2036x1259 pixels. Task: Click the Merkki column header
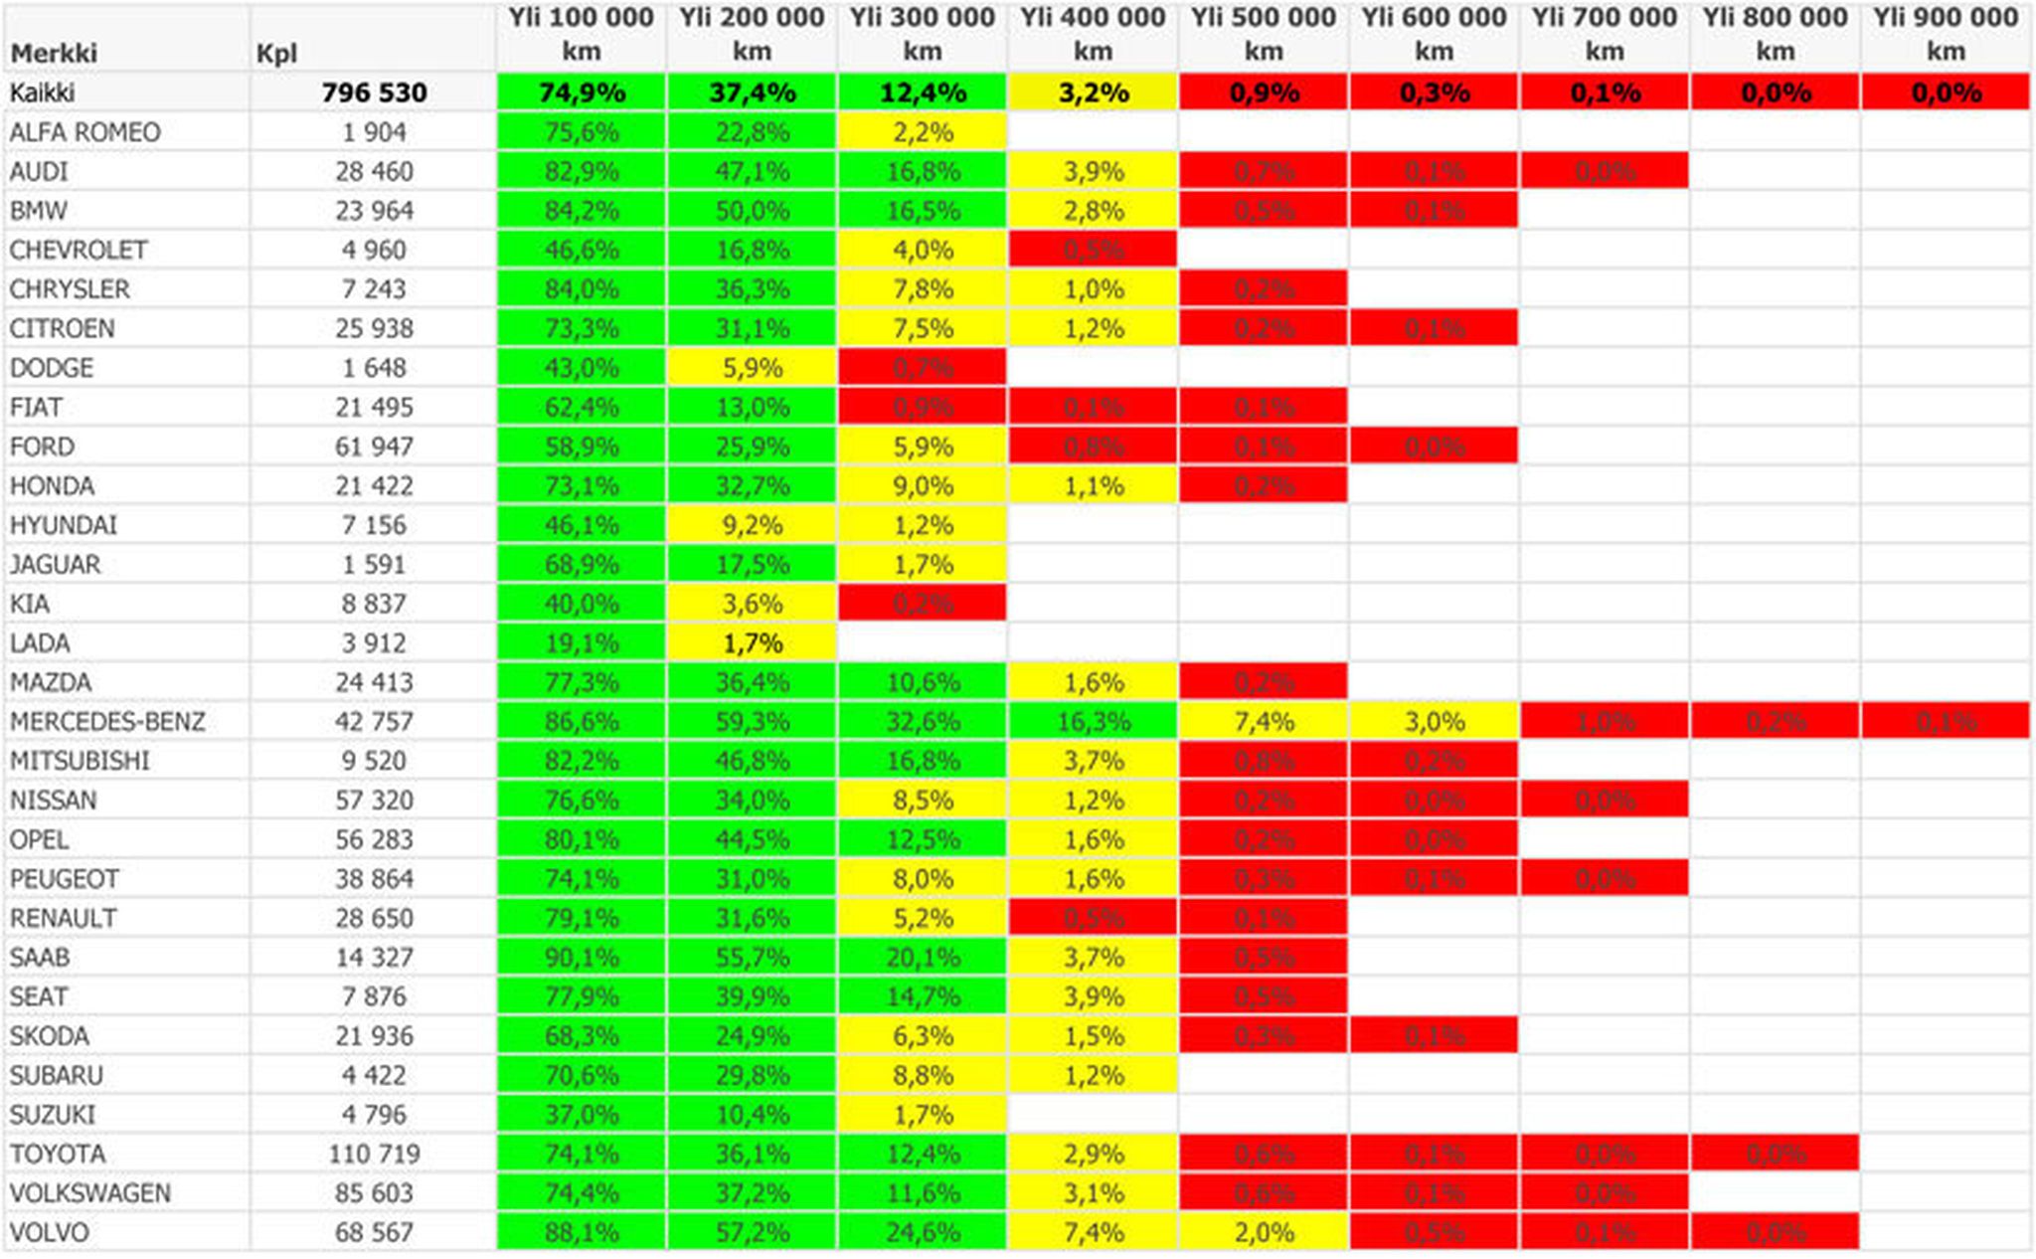tap(54, 53)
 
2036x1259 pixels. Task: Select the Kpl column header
tap(276, 53)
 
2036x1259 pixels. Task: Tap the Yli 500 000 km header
tap(1264, 35)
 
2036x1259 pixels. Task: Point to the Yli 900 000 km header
tap(1946, 35)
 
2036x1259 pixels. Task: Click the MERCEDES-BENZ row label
tap(107, 721)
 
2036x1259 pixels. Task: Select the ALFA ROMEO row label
tap(85, 132)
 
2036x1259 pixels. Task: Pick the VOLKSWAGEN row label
tap(90, 1192)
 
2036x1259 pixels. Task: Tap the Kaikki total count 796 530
tap(374, 92)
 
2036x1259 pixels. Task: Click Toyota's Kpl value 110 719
tap(374, 1154)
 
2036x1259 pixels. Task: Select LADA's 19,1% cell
tap(582, 643)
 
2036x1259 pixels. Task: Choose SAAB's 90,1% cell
tap(582, 958)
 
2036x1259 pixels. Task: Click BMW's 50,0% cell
tap(752, 211)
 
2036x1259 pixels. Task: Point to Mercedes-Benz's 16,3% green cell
tap(1093, 721)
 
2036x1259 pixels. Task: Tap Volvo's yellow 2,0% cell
tap(1264, 1232)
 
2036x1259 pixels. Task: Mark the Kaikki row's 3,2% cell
tap(1093, 92)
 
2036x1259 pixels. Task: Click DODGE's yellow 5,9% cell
tap(752, 368)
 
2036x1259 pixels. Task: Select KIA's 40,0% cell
tap(582, 604)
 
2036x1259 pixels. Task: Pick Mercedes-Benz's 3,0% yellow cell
tap(1434, 721)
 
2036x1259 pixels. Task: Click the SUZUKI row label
tap(53, 1115)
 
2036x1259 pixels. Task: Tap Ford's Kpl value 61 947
tap(374, 447)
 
